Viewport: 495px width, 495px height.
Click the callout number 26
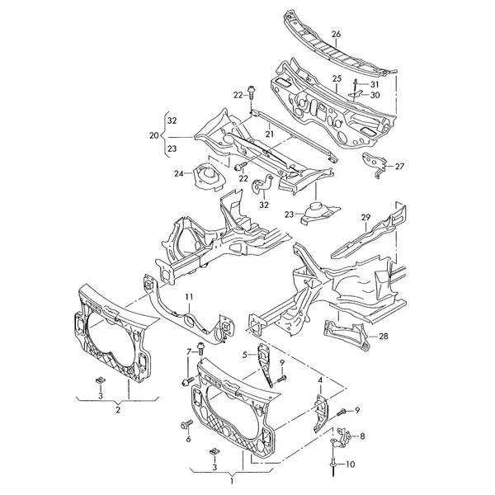tap(337, 34)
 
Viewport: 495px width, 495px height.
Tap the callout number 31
tap(374, 84)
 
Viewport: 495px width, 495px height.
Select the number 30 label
tap(375, 95)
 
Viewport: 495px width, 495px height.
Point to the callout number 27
tap(399, 166)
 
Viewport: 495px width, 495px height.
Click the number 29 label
tap(365, 218)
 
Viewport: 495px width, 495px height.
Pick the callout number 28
tap(384, 337)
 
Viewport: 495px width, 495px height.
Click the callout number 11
tap(189, 297)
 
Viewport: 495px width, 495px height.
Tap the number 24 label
tap(179, 173)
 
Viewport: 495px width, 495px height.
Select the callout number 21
tap(269, 134)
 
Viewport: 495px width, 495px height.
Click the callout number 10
tap(350, 464)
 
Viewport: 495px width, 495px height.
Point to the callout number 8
tap(362, 436)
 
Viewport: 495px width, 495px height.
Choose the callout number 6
tap(188, 439)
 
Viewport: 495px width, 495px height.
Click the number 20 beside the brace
tap(154, 135)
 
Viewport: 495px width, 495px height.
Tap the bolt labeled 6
tap(186, 425)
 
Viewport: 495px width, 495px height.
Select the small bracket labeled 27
tap(375, 165)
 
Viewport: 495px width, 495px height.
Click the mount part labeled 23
tap(318, 213)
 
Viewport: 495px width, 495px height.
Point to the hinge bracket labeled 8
tap(342, 438)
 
